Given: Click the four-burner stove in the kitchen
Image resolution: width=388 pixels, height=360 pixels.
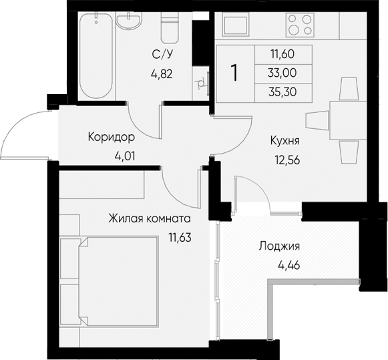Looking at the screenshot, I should pos(300,25).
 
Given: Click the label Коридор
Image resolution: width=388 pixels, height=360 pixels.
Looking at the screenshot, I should pos(112,138).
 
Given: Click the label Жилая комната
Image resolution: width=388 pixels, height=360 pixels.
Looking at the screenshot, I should pos(150,218).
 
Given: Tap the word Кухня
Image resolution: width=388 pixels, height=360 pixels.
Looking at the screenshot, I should pos(284,141).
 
